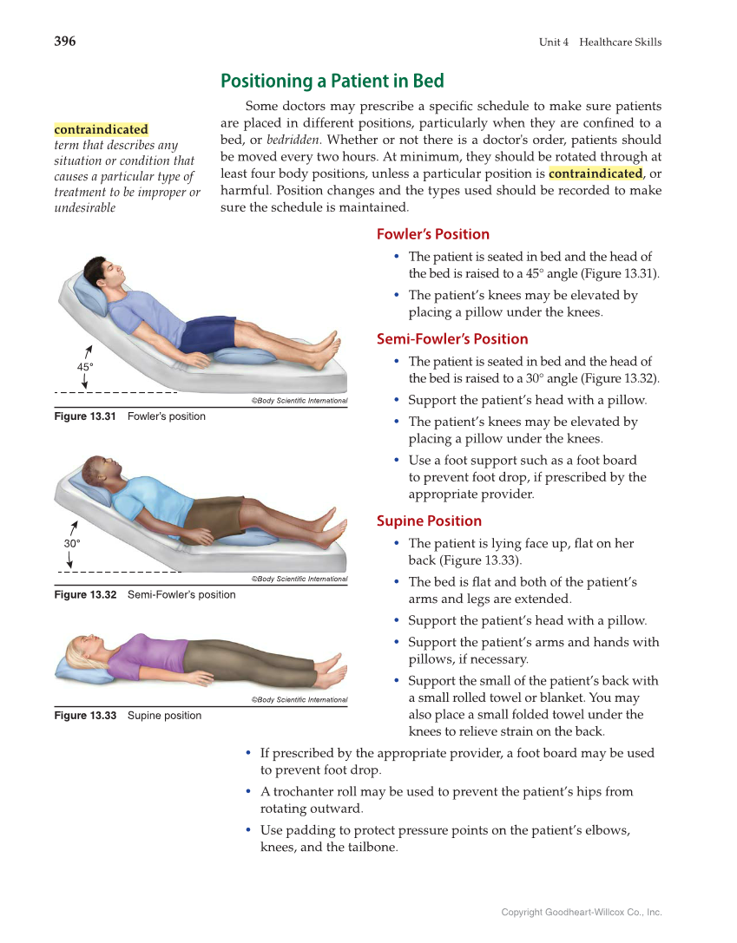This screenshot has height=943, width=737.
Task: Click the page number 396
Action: (65, 42)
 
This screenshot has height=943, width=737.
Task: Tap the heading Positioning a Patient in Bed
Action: (332, 82)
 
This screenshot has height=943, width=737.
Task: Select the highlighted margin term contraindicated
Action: (101, 129)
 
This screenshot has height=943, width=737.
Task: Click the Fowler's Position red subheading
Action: (432, 234)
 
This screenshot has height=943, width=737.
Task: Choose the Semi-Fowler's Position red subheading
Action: (451, 339)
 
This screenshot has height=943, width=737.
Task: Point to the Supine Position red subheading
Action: (429, 521)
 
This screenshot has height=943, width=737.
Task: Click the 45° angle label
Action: (85, 367)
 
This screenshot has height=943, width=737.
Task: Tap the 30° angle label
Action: (72, 543)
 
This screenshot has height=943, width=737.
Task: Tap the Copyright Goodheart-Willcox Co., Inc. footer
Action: (581, 912)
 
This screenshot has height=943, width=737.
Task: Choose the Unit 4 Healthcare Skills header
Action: (599, 43)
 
